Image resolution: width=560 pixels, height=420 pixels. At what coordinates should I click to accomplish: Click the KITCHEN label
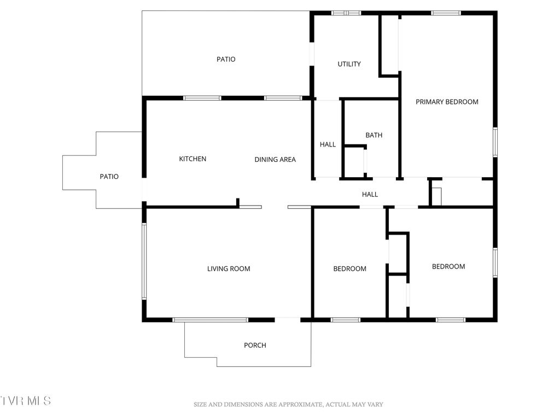coord(192,159)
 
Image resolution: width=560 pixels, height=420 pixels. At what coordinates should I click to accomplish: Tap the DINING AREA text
coord(275,160)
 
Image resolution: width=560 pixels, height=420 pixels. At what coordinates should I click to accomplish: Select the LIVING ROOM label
coord(229,269)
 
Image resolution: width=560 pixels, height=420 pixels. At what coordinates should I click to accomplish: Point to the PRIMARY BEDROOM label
coord(447,102)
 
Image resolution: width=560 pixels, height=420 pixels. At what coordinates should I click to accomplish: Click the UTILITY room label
coord(349,64)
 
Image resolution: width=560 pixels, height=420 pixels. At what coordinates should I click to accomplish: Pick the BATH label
coord(374,135)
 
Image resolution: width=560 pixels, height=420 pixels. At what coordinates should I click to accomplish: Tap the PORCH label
coord(255,345)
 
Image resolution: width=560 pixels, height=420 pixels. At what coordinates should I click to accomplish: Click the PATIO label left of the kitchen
coord(109,177)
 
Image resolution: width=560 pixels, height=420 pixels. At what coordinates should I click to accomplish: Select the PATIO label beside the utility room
coord(226,59)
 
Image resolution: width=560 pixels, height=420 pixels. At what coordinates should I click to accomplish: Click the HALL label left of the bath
coord(328,144)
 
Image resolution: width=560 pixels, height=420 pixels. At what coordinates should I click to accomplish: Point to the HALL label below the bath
coord(370,194)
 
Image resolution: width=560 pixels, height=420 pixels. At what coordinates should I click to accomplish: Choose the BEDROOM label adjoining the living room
coord(350,269)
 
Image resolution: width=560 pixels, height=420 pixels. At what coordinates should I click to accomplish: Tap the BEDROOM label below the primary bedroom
coord(448,266)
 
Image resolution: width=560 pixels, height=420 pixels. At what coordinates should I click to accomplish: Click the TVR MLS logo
coord(26,401)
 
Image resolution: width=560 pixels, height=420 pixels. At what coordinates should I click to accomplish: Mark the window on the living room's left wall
coord(144,261)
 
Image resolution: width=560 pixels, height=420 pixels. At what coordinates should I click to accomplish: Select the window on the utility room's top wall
coord(346,13)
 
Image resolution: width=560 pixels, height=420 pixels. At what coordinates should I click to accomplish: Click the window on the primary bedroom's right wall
coord(495,142)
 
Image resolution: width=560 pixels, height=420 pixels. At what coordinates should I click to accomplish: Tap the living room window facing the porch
coord(211,319)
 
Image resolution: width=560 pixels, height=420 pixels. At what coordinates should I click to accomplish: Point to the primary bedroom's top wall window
coord(446,13)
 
